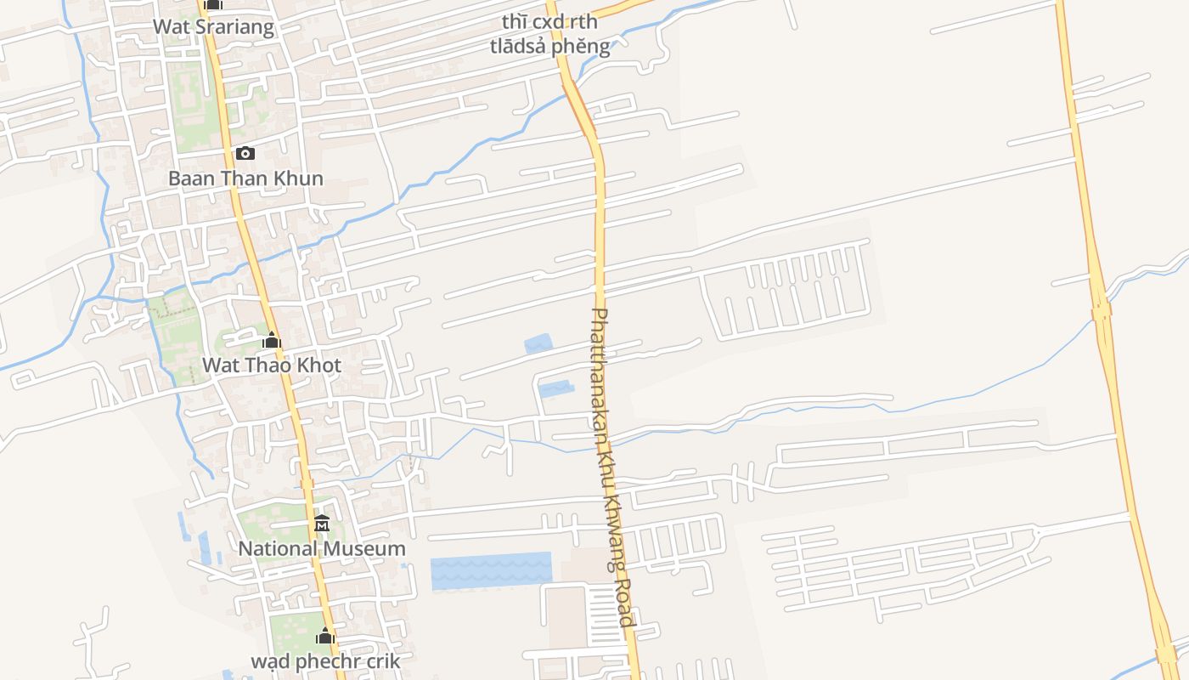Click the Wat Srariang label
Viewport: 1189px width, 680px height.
[213, 26]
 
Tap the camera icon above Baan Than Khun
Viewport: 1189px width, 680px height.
[245, 153]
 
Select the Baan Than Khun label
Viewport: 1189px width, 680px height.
[245, 178]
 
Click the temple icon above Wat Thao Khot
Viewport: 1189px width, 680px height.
[272, 341]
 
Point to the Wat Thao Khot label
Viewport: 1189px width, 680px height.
[271, 365]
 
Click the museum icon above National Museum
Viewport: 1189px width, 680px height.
[322, 524]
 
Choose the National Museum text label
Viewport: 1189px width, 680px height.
[322, 549]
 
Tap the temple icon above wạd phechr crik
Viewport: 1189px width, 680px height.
[325, 636]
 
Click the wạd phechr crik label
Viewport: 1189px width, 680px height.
[325, 660]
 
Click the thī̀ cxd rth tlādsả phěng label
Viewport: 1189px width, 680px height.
[549, 35]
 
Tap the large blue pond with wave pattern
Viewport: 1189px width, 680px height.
[491, 570]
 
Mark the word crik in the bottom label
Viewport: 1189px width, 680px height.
[381, 660]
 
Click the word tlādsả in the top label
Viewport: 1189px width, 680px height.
[519, 46]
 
